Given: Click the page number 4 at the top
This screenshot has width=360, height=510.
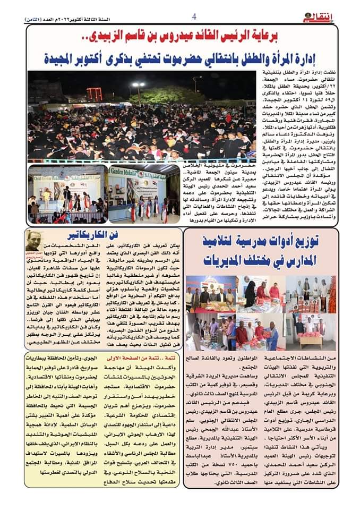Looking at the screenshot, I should (x=194, y=16).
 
